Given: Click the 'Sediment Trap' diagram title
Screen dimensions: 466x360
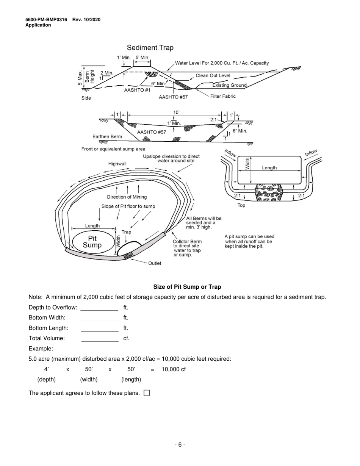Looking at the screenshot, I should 150,48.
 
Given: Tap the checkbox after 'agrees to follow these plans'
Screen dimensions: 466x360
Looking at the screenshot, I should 147,393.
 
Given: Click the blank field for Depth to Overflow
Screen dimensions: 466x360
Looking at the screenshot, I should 100,307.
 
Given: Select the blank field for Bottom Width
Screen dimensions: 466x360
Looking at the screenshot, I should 100,317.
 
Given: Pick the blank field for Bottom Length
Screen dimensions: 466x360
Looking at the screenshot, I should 100,328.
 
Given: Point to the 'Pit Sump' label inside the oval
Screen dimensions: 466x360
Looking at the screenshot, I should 92,242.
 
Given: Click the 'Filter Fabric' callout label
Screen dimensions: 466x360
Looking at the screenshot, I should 223,97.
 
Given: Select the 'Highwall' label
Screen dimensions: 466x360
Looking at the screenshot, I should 118,164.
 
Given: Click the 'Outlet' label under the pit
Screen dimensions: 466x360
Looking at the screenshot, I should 155,263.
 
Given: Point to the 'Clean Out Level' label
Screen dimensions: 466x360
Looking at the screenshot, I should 213,76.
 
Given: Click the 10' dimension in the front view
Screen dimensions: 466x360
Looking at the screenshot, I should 176,112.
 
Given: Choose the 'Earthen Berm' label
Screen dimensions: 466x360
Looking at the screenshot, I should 107,136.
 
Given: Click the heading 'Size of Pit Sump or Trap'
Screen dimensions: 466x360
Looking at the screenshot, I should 187,287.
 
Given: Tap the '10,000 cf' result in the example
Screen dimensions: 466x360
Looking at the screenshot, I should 174,369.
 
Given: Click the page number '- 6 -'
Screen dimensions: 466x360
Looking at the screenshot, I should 180,445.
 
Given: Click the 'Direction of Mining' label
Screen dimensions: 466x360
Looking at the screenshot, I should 127,197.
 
